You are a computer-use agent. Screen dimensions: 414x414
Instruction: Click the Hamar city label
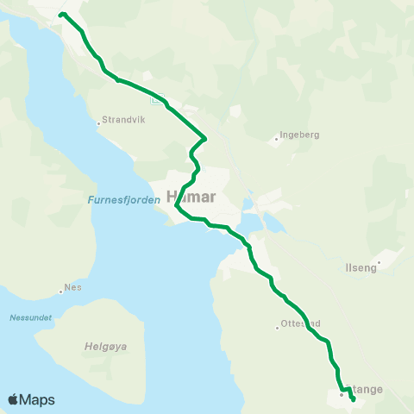point(195,195)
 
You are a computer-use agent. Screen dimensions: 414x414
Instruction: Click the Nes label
point(74,287)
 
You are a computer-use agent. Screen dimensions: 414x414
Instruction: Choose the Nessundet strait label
point(31,317)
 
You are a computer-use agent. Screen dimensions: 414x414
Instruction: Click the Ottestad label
point(300,324)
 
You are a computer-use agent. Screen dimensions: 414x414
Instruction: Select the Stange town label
point(366,390)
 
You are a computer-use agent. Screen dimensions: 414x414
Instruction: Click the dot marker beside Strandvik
point(99,122)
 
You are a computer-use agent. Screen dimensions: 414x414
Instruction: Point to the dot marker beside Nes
point(62,289)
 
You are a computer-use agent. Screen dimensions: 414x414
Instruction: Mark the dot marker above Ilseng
point(379,261)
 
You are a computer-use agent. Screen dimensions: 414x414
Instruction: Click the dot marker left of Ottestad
point(277,327)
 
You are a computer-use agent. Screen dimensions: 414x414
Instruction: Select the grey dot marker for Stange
point(342,395)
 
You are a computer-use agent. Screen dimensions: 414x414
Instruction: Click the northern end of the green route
point(62,14)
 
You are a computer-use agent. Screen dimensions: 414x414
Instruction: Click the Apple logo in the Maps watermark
point(13,399)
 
